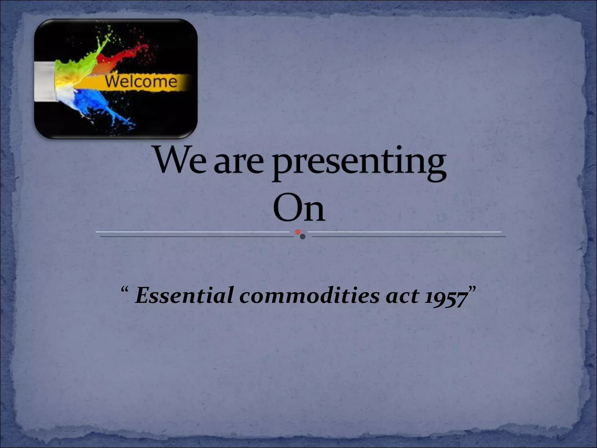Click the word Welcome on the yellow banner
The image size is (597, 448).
point(141,81)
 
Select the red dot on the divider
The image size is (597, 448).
point(298,232)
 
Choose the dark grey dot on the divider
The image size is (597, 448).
point(303,237)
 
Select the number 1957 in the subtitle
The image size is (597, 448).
point(445,297)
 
